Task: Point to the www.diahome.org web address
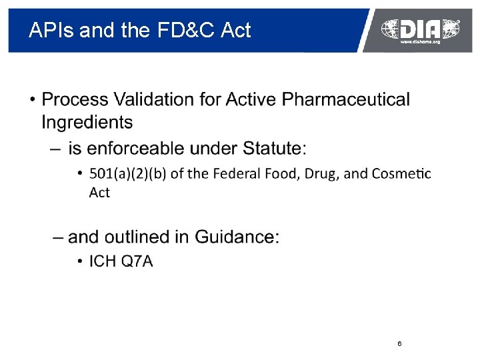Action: pyautogui.click(x=420, y=42)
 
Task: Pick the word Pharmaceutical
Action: pyautogui.click(x=346, y=100)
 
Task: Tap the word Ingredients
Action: pyautogui.click(x=87, y=123)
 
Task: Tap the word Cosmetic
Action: pyautogui.click(x=402, y=174)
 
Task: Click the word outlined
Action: pyautogui.click(x=139, y=237)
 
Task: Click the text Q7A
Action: pyautogui.click(x=137, y=261)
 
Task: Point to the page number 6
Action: pyautogui.click(x=399, y=344)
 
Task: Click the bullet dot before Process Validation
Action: pyautogui.click(x=32, y=101)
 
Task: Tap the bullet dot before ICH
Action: pyautogui.click(x=80, y=261)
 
